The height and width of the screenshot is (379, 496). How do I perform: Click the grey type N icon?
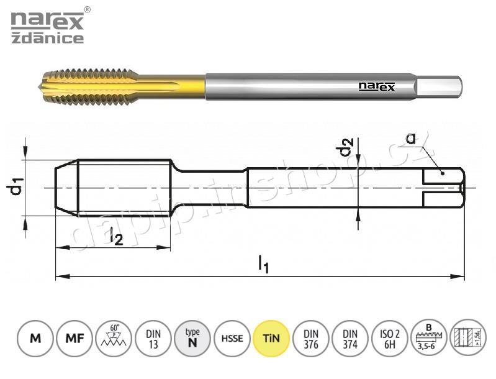192,339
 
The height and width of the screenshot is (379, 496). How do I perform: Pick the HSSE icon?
232,339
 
